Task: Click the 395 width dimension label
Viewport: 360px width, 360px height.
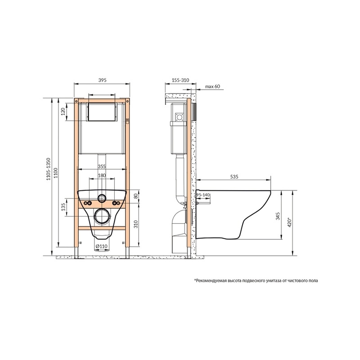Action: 102,80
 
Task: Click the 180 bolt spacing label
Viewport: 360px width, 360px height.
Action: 102,175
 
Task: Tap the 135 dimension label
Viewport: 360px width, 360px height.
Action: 64,207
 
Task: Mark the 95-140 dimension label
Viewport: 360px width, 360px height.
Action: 204,194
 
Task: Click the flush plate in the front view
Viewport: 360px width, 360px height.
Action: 102,112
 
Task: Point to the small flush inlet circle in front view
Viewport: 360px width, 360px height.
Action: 102,198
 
